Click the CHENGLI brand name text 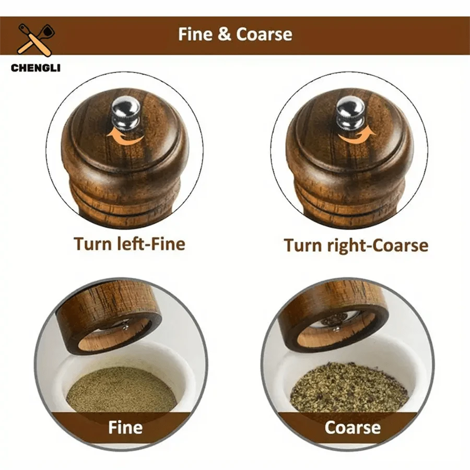click(35, 67)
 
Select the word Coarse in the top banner click(264, 34)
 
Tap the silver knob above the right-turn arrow click(349, 111)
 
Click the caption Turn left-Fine click(129, 244)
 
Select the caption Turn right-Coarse click(356, 245)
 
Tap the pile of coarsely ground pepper click(348, 389)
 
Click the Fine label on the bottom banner click(125, 428)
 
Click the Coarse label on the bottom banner click(352, 428)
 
